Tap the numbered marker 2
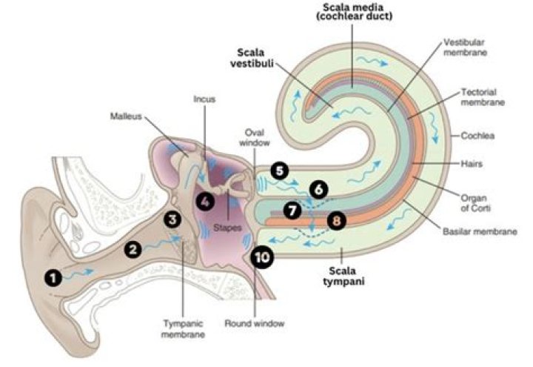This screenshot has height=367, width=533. point(133,249)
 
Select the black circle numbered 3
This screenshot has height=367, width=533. point(172,219)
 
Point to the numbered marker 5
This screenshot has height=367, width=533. point(278,170)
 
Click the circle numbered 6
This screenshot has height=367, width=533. point(318,189)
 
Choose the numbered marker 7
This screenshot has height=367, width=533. point(293,210)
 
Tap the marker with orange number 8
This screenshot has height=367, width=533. point(337,220)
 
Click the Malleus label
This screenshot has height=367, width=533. point(125,116)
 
